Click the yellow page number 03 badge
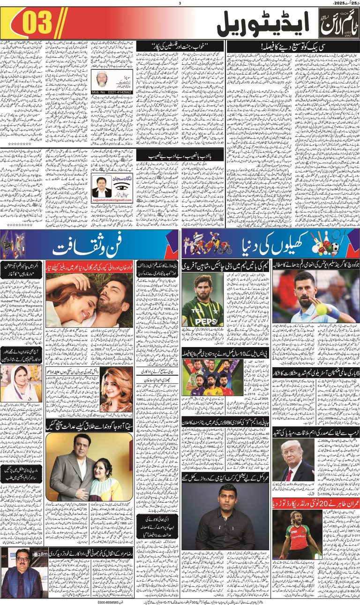pos(37,23)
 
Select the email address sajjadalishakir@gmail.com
pos(112,200)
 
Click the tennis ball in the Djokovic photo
pos(322,310)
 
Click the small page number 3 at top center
pos(180,4)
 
